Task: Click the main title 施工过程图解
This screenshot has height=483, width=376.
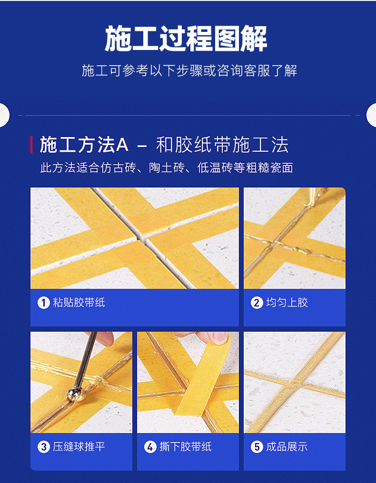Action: point(186,39)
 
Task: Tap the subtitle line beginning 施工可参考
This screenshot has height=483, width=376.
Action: point(189,70)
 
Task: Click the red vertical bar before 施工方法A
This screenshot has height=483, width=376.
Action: point(31,145)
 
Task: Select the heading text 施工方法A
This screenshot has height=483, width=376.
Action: point(84,145)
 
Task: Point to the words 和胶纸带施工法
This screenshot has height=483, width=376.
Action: point(222,145)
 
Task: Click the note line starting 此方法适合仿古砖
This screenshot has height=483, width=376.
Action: point(166,168)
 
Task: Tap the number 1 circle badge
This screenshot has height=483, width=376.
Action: point(44,303)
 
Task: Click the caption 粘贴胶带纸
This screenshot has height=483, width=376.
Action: point(79,303)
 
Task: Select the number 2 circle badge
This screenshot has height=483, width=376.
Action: point(257,303)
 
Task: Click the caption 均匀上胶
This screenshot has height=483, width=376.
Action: point(287,303)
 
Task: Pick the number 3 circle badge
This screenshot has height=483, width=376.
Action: point(44,447)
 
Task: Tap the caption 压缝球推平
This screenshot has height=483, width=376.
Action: point(79,447)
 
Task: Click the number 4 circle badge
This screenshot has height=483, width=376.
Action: point(150,447)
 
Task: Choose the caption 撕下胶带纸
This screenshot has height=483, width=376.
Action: point(186,447)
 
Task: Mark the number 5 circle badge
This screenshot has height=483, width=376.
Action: point(257,447)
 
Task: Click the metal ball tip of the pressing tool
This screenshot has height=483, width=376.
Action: point(74,394)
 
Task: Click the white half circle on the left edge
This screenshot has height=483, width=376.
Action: point(4,115)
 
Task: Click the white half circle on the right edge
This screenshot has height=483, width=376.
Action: point(372,115)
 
